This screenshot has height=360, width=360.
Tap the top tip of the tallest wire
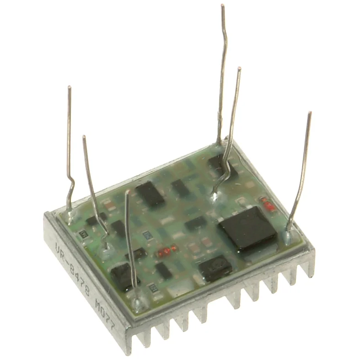point(223,6)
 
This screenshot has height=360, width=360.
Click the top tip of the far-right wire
point(310,113)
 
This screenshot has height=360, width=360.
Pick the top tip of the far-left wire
point(69,87)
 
